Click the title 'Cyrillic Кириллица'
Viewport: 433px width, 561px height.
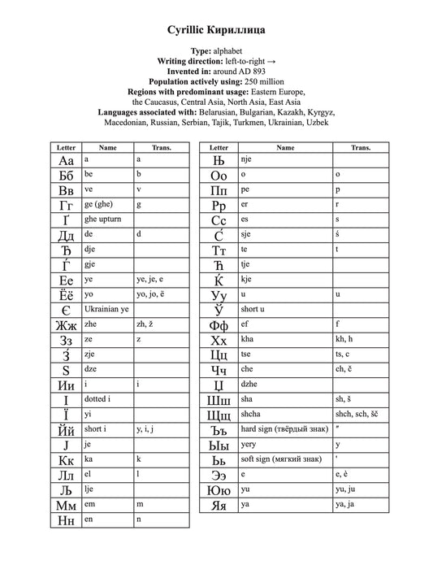click(x=216, y=30)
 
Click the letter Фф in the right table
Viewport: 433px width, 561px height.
click(x=218, y=324)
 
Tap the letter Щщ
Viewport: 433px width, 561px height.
click(x=219, y=415)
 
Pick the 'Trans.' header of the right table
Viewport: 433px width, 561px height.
click(x=361, y=148)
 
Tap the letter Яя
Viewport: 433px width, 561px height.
click(x=218, y=505)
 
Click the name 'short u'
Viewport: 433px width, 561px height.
click(x=253, y=309)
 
